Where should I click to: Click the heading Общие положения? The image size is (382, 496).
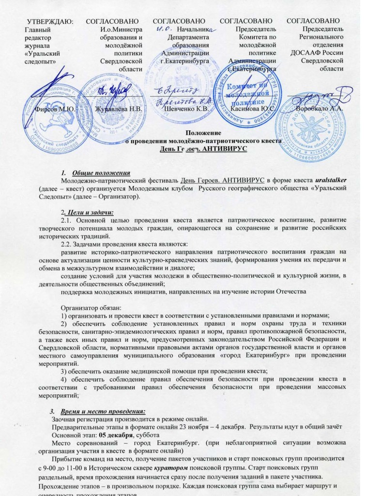[101, 173]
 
